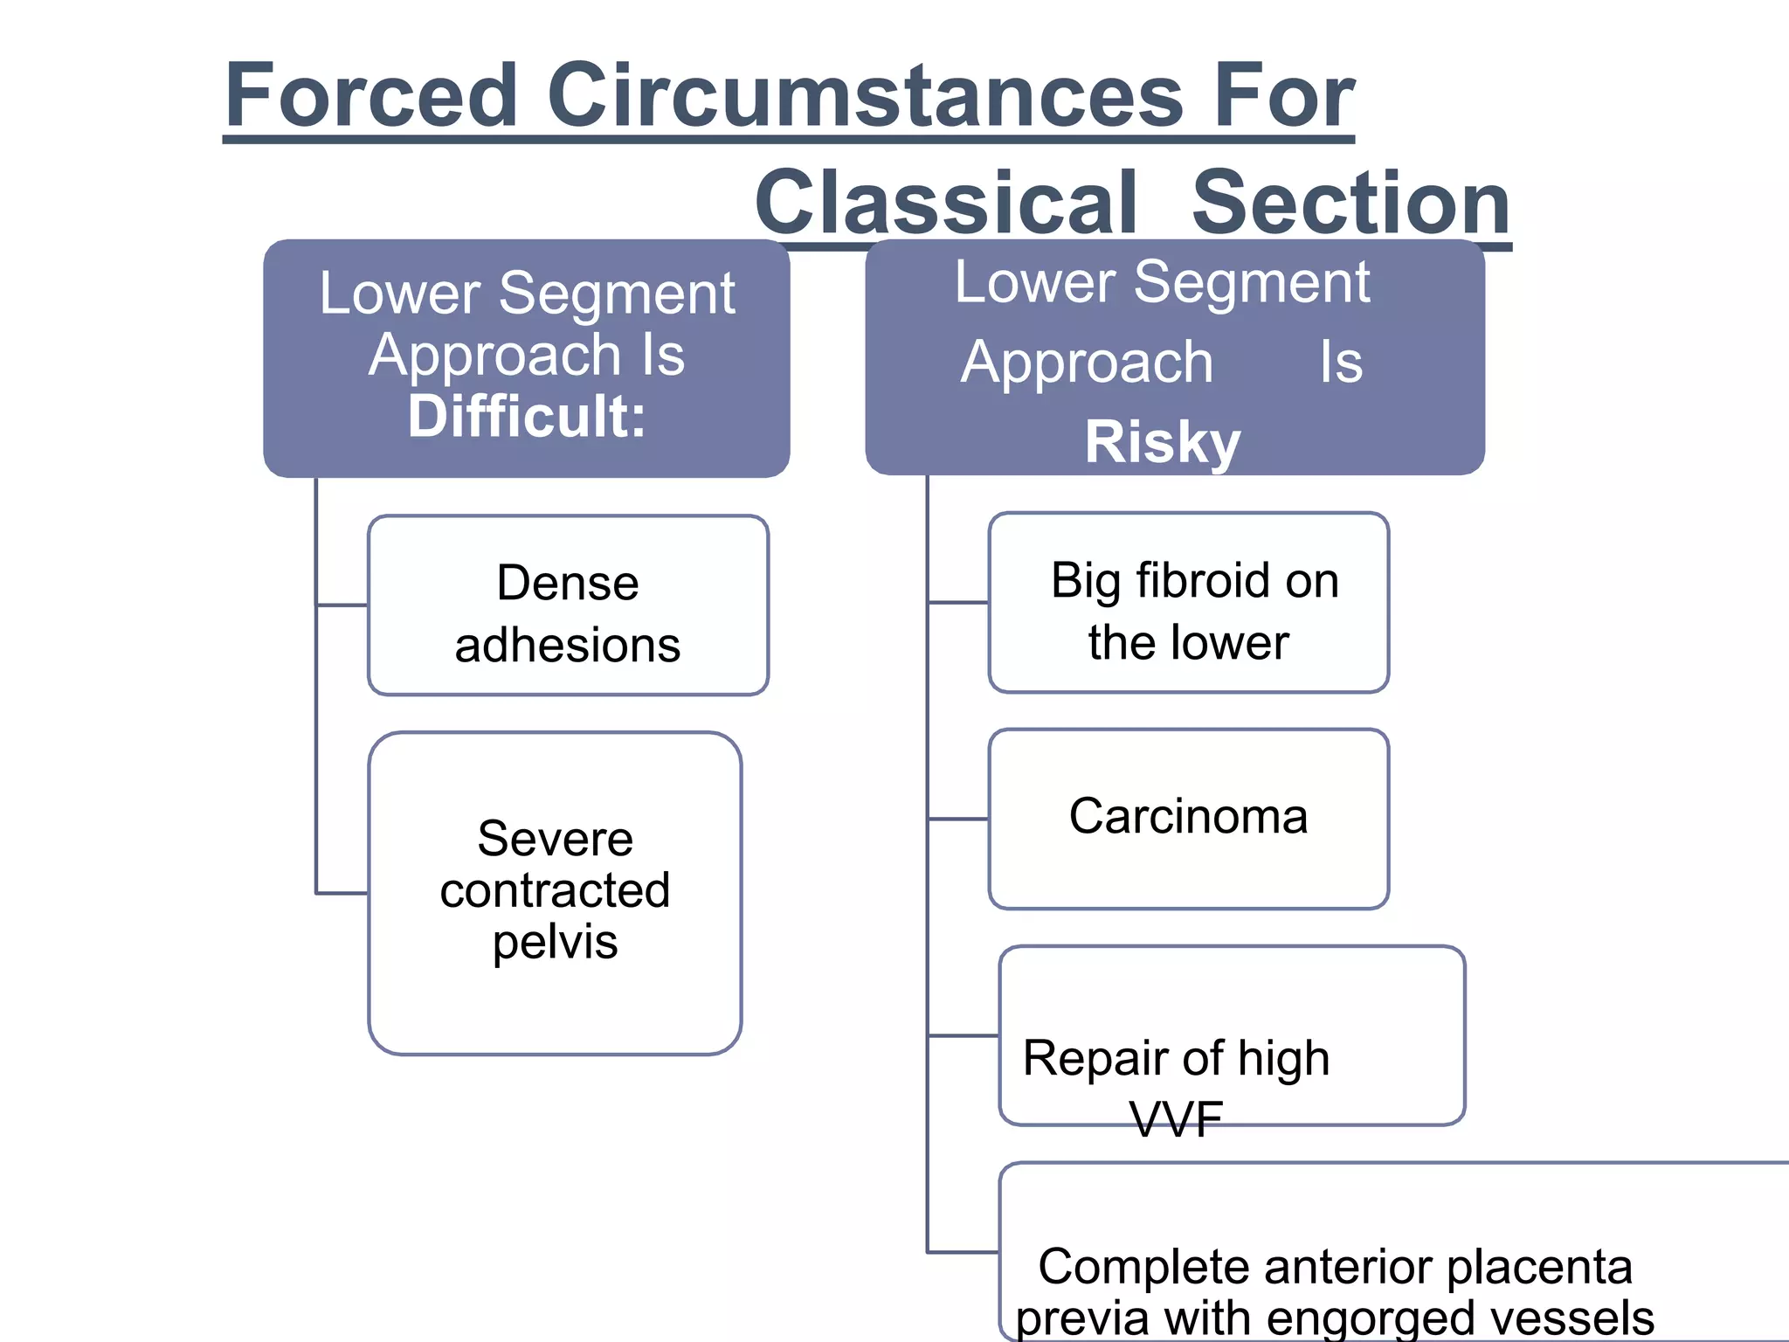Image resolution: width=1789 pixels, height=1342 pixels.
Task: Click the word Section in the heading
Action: click(1350, 202)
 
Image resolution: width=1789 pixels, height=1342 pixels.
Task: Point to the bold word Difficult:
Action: click(527, 416)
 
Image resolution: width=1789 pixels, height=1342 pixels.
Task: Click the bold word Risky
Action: click(1162, 441)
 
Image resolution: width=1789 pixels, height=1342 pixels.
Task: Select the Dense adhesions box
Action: click(568, 605)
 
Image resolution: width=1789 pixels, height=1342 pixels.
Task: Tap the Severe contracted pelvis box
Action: click(555, 893)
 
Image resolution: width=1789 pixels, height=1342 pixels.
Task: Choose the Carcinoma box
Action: click(1188, 819)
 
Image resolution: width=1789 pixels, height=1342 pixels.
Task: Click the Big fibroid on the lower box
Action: click(1188, 603)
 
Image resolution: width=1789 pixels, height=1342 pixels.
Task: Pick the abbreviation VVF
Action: click(1176, 1119)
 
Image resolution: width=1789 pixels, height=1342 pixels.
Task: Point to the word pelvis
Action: click(555, 942)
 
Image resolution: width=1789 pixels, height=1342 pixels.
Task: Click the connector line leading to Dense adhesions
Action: click(342, 605)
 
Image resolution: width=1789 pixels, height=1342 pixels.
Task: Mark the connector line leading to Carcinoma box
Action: click(958, 819)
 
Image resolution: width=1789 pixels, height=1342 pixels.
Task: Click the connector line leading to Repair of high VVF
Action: click(964, 1035)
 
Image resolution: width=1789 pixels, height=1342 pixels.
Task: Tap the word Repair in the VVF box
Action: click(1081, 1058)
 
